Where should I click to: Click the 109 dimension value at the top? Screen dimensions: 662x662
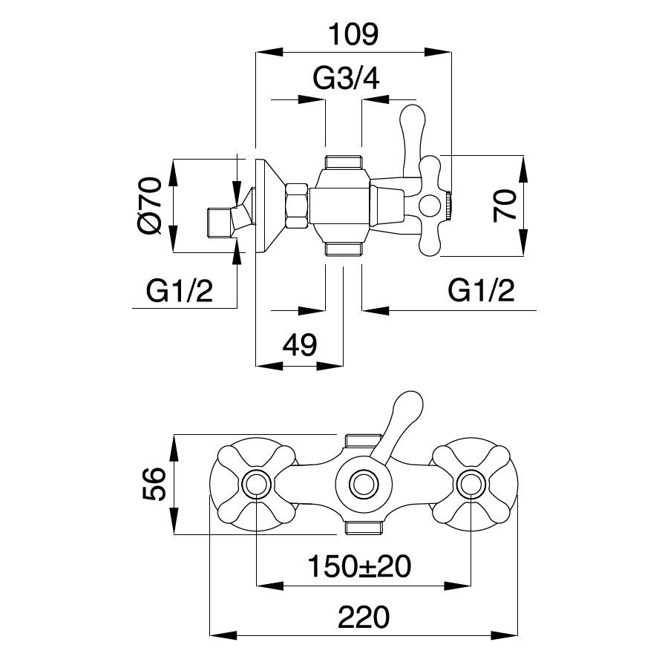353,34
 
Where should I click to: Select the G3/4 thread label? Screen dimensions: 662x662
347,79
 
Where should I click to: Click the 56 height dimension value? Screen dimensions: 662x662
153,484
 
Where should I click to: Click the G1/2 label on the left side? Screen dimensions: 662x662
179,291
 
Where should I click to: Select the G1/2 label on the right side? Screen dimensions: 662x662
482,291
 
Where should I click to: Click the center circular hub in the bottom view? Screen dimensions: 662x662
363,485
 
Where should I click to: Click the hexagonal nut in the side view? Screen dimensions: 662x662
296,206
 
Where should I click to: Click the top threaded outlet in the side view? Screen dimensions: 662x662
343,161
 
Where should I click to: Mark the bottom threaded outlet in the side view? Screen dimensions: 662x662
343,249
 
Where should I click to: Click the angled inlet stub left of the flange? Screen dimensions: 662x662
222,220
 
